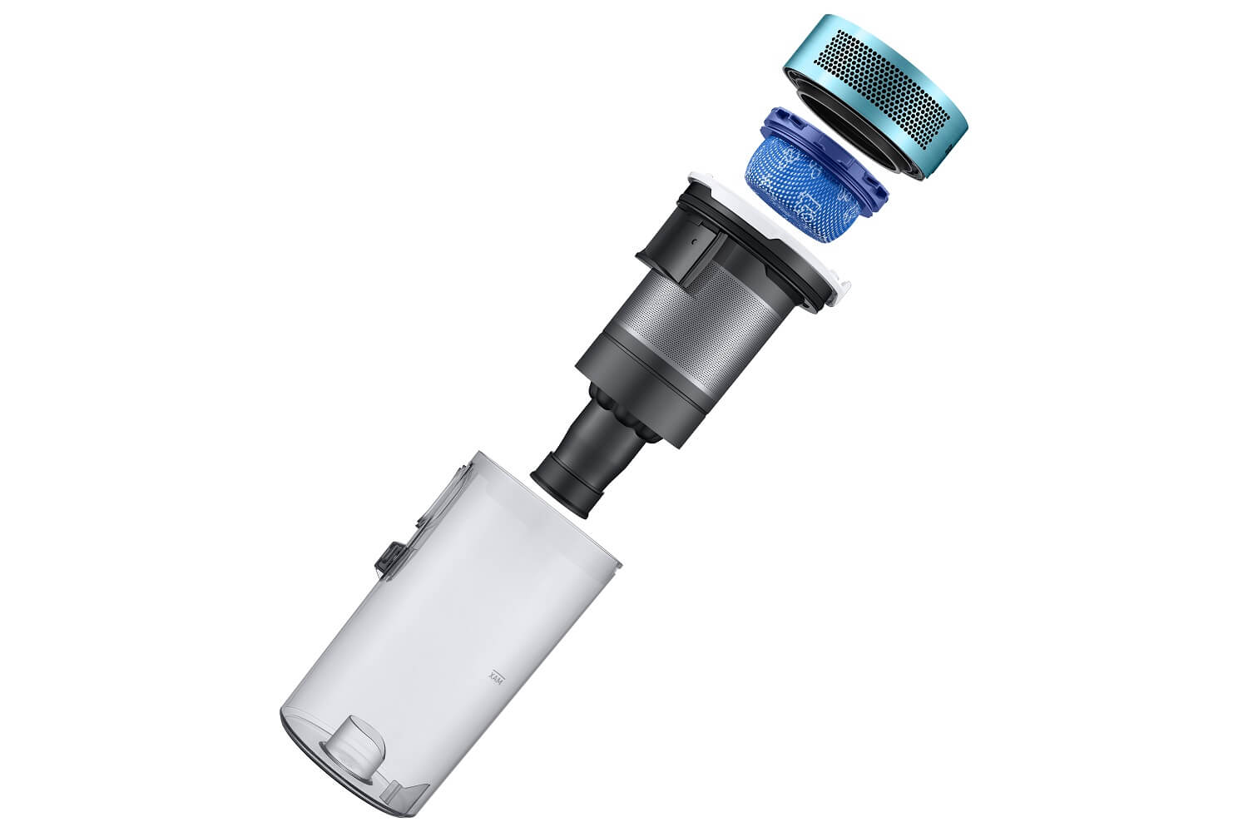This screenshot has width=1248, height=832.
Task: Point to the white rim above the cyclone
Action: pyautogui.click(x=780, y=234)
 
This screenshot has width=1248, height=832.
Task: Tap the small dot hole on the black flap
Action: pyautogui.click(x=693, y=241)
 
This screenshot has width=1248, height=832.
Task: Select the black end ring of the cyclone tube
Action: pyautogui.click(x=566, y=489)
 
